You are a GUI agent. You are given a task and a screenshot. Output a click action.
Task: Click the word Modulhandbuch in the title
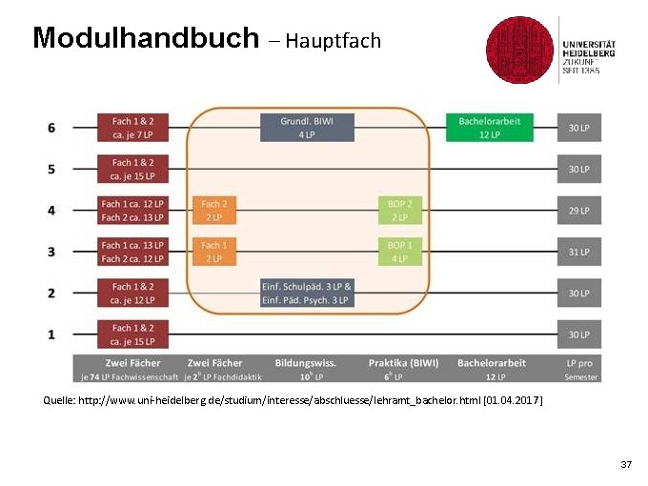[x=145, y=38]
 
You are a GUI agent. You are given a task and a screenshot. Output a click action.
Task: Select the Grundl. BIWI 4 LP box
[x=307, y=128]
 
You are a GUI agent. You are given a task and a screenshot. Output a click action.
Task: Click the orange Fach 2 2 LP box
[x=214, y=210]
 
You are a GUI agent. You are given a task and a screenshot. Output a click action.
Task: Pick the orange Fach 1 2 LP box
[x=214, y=252]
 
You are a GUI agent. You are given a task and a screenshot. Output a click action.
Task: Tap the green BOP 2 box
[x=400, y=210]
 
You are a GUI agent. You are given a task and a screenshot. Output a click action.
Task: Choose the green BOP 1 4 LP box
[x=400, y=252]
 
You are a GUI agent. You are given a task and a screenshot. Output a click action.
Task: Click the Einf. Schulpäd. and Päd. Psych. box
[x=307, y=293]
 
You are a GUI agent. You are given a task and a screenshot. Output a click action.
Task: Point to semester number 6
[x=51, y=128]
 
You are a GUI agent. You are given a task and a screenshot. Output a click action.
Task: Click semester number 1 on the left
[x=51, y=334]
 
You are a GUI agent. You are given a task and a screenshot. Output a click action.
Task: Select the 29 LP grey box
[x=579, y=210]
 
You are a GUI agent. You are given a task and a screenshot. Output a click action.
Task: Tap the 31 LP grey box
[x=579, y=252]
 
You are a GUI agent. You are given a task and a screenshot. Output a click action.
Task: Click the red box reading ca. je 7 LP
[x=132, y=128]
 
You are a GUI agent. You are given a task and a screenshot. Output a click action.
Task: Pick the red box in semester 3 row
[x=132, y=252]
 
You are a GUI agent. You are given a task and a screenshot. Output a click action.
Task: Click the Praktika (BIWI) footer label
[x=404, y=363]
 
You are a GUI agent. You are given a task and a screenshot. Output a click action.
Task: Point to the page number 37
[x=626, y=464]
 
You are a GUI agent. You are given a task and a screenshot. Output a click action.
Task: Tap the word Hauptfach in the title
[x=333, y=41]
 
